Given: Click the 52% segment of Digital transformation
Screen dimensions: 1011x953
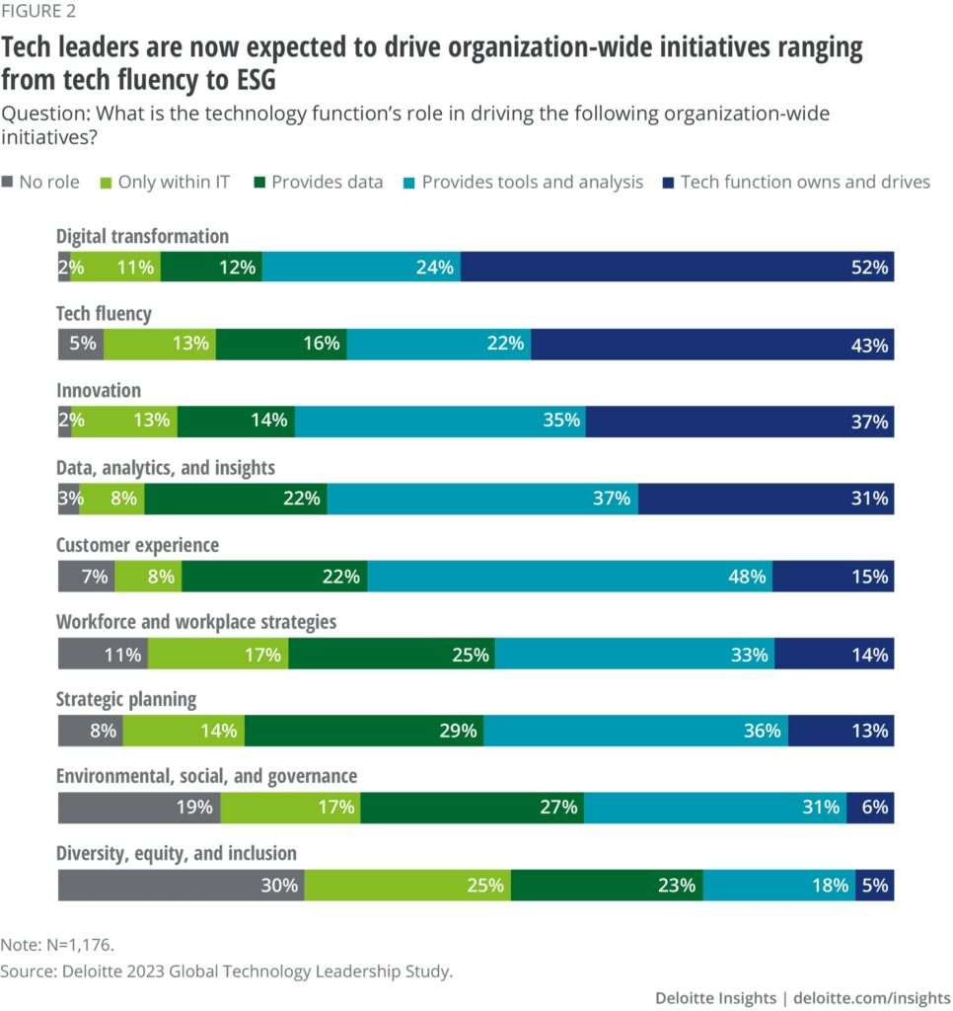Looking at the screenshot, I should (677, 267).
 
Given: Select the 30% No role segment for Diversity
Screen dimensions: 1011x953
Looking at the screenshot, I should (181, 885).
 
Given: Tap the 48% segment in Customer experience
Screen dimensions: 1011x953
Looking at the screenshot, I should (569, 576).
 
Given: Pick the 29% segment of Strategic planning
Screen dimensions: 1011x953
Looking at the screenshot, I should (364, 731).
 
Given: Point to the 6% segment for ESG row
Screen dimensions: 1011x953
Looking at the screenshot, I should (870, 808).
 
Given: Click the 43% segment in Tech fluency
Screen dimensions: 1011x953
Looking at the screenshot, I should (711, 344).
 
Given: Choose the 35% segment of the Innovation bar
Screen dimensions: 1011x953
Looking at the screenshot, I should (439, 422).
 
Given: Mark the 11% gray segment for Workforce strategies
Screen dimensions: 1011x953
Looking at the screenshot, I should (103, 654).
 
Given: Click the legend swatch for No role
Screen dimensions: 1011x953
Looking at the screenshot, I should (10, 183).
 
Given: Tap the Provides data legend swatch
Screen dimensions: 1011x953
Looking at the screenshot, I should (261, 183).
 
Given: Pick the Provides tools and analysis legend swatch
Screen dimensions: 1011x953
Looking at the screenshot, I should (411, 183).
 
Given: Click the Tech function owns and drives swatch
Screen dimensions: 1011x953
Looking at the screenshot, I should (670, 183).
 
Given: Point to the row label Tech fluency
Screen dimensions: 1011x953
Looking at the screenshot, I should (104, 314).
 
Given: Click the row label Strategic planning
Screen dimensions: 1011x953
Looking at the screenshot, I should (126, 699).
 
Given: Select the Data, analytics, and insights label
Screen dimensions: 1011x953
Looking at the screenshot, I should (165, 468).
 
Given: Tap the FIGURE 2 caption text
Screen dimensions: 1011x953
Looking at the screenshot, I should (38, 12).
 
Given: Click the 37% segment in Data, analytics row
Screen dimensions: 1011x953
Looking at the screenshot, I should (482, 499).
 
